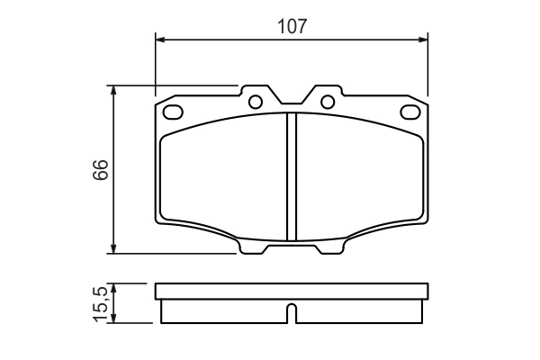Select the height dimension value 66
101,170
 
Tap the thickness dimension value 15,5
101,303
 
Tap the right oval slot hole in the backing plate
411,112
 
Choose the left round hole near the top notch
256,101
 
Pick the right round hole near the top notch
328,101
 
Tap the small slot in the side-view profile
292,314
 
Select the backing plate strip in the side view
292,291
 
